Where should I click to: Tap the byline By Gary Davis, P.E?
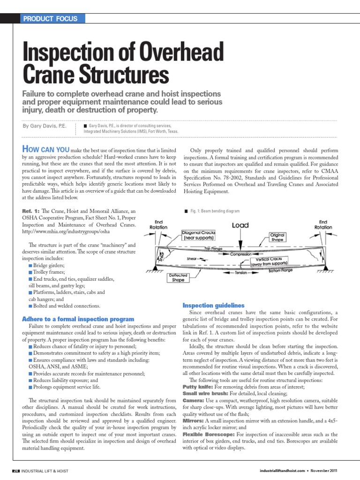pyautogui.click(x=45, y=127)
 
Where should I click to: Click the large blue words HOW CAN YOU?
pyautogui.click(x=45, y=149)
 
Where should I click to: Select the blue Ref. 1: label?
pyautogui.click(x=32, y=212)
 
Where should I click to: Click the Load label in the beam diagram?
pyautogui.click(x=240, y=225)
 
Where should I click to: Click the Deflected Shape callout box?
pyautogui.click(x=178, y=277)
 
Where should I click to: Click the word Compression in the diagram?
pyautogui.click(x=244, y=255)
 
